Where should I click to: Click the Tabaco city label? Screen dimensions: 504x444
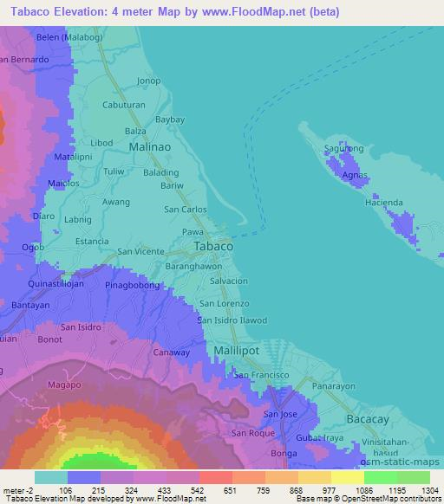[212, 247]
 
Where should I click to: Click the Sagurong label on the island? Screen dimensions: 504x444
[343, 148]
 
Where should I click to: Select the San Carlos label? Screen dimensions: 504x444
[186, 210]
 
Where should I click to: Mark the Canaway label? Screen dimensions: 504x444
[171, 352]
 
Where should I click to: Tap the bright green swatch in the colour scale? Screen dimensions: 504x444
[381, 477]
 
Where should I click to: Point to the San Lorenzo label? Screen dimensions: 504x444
[225, 304]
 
